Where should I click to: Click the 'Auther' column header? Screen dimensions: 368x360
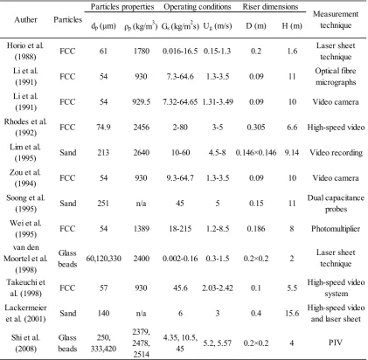click(x=25, y=20)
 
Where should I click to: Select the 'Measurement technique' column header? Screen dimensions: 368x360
click(x=336, y=19)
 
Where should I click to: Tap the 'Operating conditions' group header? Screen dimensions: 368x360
click(x=198, y=7)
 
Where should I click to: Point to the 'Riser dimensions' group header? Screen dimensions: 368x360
click(x=270, y=7)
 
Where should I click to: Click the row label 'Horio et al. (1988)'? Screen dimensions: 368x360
click(x=25, y=51)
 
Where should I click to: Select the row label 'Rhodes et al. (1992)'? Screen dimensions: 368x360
click(x=25, y=127)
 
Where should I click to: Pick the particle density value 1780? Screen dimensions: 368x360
click(x=142, y=52)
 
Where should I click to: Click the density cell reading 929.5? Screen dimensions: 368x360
click(x=142, y=102)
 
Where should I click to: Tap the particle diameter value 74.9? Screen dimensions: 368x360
click(x=103, y=128)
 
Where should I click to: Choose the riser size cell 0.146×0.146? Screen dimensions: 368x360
click(x=256, y=153)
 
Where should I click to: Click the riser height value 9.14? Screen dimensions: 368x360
click(x=292, y=153)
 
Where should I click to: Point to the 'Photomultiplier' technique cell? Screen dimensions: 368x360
click(x=336, y=229)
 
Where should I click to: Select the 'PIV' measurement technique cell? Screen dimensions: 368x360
click(x=336, y=343)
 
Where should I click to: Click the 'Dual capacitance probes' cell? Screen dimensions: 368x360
click(x=336, y=204)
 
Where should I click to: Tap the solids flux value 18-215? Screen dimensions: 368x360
click(x=180, y=229)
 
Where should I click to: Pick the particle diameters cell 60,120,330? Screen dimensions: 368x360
click(x=103, y=259)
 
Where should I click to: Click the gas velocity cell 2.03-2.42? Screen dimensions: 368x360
click(x=218, y=288)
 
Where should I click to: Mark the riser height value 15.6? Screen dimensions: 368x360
click(x=292, y=314)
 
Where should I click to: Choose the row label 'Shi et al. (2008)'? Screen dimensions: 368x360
click(x=25, y=343)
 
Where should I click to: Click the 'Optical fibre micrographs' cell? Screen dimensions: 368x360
click(x=336, y=76)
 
